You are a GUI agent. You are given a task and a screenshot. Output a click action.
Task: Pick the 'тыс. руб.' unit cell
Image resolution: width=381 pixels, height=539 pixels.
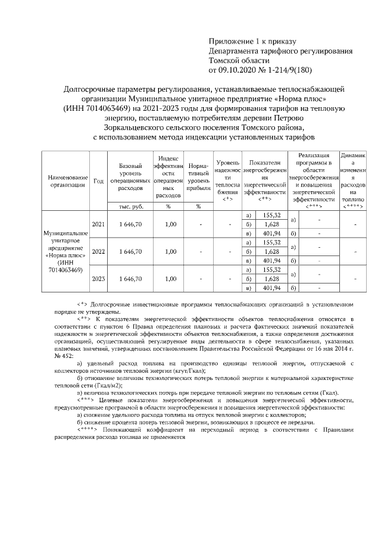pyautogui.click(x=130, y=207)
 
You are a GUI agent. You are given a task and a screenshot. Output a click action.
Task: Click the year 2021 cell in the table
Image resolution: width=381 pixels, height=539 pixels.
pyautogui.click(x=99, y=224)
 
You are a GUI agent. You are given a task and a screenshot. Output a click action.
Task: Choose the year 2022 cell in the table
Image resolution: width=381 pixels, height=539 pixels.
pyautogui.click(x=99, y=251)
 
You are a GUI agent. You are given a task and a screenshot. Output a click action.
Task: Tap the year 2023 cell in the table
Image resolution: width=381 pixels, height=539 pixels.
pyautogui.click(x=99, y=279)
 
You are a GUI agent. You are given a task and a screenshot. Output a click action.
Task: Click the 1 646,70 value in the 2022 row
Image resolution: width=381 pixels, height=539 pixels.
pyautogui.click(x=130, y=251)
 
